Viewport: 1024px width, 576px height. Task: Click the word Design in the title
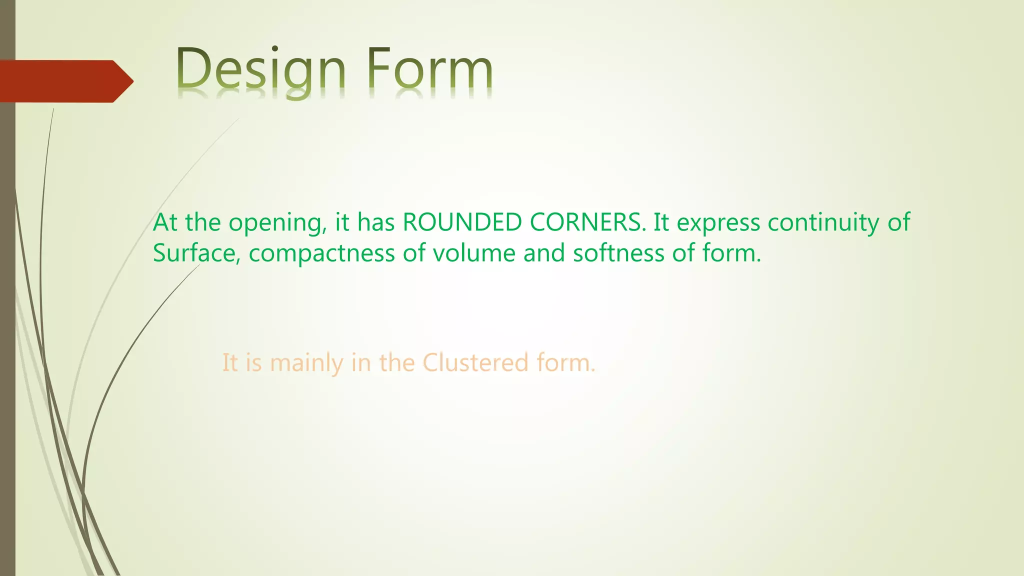pyautogui.click(x=261, y=70)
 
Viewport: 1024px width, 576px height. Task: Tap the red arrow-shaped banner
pyautogui.click(x=60, y=81)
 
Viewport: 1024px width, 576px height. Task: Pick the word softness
pyautogui.click(x=618, y=253)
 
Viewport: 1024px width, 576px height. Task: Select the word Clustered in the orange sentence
pyautogui.click(x=475, y=362)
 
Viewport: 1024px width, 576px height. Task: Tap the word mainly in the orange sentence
pyautogui.click(x=306, y=363)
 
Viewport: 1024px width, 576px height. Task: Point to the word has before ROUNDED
pyautogui.click(x=376, y=222)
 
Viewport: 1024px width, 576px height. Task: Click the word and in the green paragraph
pyautogui.click(x=544, y=253)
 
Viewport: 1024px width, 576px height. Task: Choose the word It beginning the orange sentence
pyautogui.click(x=229, y=362)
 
